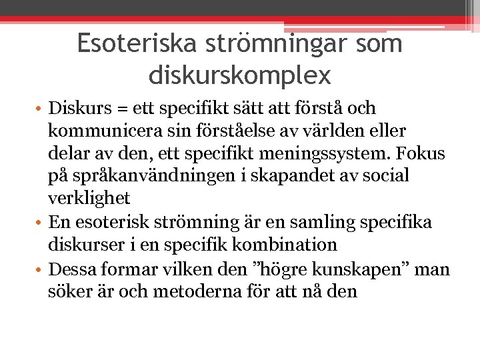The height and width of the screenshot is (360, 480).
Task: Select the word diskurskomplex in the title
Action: [240, 75]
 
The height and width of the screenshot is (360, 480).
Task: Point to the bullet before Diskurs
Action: [40, 109]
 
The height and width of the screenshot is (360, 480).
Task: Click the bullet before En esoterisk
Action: [40, 223]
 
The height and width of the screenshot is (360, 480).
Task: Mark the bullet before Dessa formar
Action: [40, 270]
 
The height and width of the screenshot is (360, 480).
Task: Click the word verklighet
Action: [89, 199]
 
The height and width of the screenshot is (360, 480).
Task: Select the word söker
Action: [67, 291]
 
